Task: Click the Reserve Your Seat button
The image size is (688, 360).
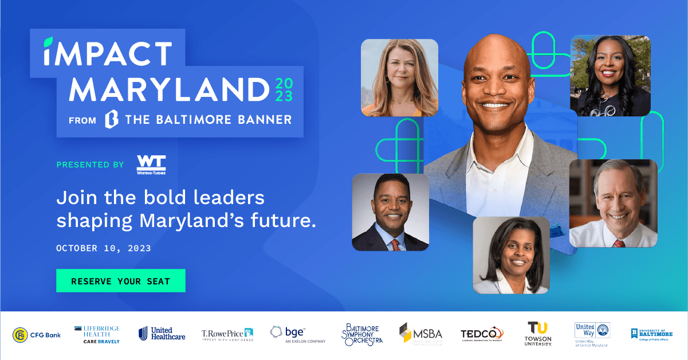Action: (120, 281)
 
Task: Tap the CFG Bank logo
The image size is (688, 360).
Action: (37, 334)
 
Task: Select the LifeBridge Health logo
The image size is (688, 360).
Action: (97, 334)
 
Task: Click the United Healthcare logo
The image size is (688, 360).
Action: (162, 334)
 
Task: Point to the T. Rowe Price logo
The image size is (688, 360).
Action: (227, 334)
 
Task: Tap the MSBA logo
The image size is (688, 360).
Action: (420, 334)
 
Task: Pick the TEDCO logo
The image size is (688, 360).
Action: (482, 334)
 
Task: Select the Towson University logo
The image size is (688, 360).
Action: (538, 334)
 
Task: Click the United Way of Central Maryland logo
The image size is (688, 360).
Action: (592, 334)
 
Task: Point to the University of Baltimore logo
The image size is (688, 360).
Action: (652, 334)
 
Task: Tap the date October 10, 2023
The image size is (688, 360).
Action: (104, 248)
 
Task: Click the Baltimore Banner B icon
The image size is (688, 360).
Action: (111, 119)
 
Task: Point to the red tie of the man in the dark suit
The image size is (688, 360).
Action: (395, 245)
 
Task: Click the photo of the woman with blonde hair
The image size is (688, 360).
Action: (399, 77)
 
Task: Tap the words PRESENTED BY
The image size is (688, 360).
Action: (90, 165)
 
